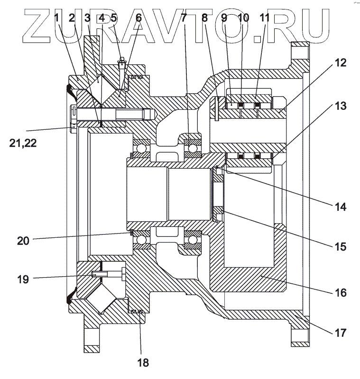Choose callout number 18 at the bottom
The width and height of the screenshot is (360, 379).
pyautogui.click(x=143, y=363)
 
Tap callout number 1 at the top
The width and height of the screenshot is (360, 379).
pyautogui.click(x=57, y=18)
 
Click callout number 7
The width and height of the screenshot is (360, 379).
pyautogui.click(x=184, y=18)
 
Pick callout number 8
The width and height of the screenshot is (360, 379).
pyautogui.click(x=204, y=18)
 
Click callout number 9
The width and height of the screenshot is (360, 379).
pyautogui.click(x=226, y=18)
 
